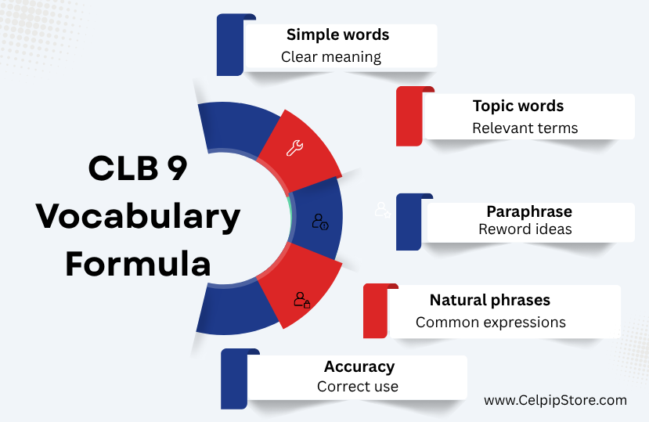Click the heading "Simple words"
[337, 34]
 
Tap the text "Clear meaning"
[331, 57]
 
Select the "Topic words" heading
[518, 106]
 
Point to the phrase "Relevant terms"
[525, 128]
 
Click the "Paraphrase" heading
[529, 211]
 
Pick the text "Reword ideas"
[525, 229]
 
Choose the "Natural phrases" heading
[490, 300]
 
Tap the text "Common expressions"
[491, 323]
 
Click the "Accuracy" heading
[359, 366]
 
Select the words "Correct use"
[358, 387]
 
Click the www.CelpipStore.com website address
[556, 400]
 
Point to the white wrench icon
[294, 148]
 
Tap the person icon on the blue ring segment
[320, 222]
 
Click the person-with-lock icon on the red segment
[302, 300]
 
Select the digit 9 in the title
[178, 168]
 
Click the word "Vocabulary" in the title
[138, 217]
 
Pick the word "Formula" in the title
[139, 264]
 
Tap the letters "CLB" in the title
[124, 168]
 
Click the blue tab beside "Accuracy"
[234, 379]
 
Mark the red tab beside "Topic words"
[409, 117]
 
